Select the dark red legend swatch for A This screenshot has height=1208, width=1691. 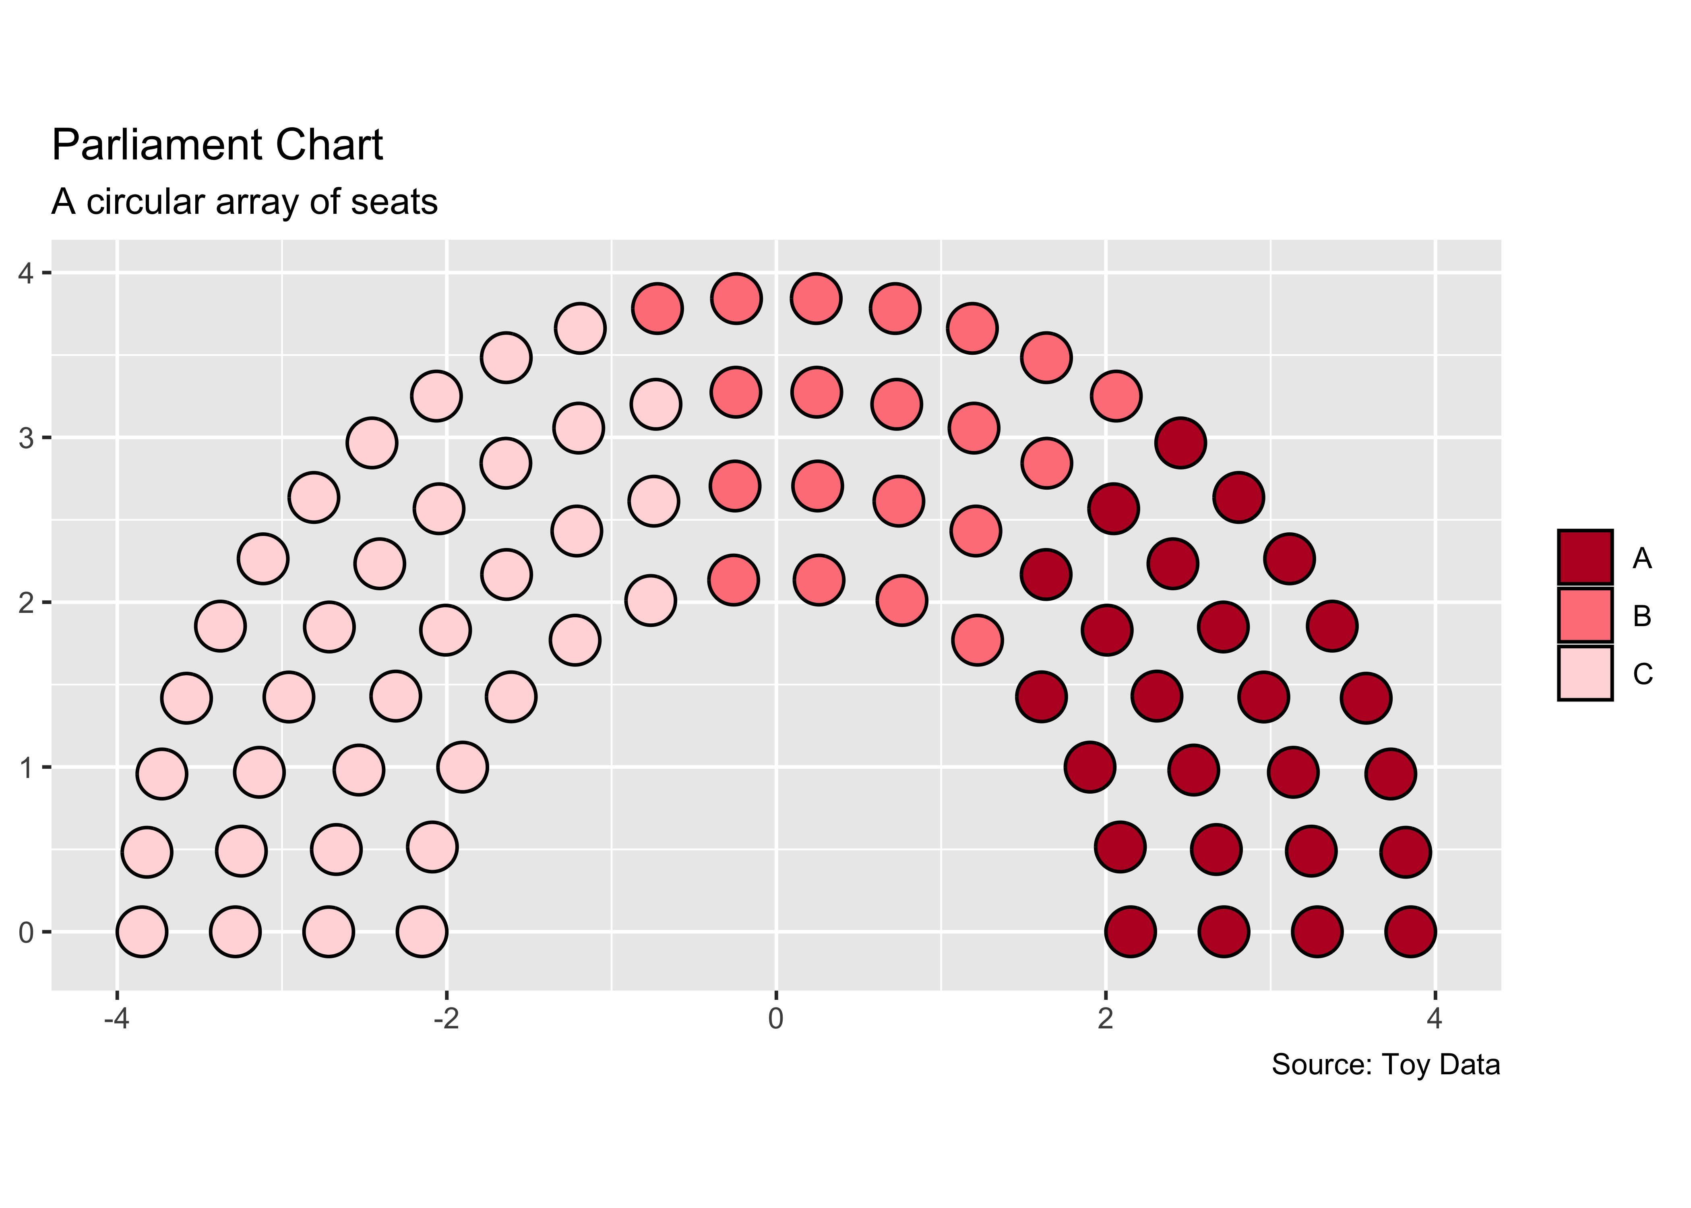pyautogui.click(x=1585, y=557)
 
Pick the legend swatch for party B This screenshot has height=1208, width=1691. pyautogui.click(x=1585, y=615)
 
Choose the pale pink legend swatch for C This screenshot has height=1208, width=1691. pyautogui.click(x=1585, y=673)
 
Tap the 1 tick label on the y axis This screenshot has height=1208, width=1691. pyautogui.click(x=26, y=767)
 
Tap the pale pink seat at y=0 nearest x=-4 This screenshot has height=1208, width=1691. pyautogui.click(x=142, y=931)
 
